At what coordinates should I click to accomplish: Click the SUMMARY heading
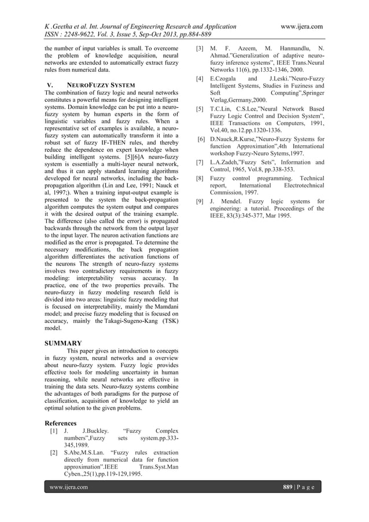[x=63, y=343]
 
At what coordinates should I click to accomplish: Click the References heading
[x=64, y=423]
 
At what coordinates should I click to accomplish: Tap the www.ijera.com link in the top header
[x=301, y=26]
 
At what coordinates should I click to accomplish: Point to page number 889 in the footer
[x=289, y=487]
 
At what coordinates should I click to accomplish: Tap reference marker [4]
[x=200, y=77]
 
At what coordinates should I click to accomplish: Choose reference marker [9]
[x=200, y=201]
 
